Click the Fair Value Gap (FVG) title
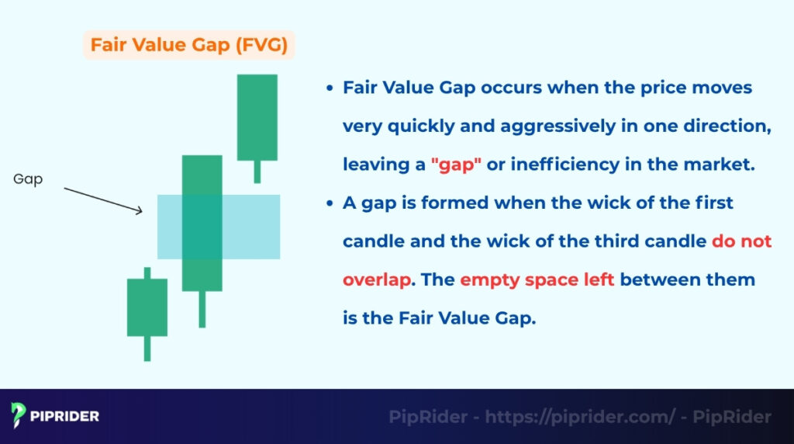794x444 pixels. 188,45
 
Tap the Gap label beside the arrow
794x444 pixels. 28,179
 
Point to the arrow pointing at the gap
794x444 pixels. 103,199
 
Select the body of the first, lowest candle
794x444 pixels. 147,307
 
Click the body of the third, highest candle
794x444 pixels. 257,117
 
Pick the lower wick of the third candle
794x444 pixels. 257,172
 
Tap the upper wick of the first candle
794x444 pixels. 147,272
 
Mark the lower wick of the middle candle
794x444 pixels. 202,309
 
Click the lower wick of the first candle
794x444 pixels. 147,349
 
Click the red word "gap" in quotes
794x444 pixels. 456,165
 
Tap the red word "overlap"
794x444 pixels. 376,279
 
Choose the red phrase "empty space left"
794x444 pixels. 537,279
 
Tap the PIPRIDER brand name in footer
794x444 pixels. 65,416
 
